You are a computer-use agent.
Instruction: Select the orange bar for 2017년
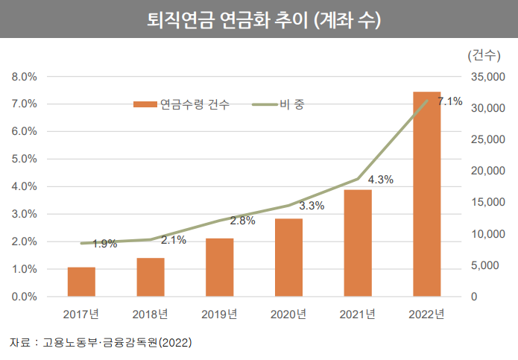[81, 282]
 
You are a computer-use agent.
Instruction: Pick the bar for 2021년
[358, 243]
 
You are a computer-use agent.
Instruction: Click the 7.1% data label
[450, 102]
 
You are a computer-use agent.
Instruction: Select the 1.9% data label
[105, 244]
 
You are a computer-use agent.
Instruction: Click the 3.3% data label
[312, 206]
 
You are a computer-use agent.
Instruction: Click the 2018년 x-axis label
[150, 314]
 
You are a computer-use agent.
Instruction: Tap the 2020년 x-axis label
[288, 314]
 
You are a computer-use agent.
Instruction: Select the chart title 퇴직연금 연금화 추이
[259, 20]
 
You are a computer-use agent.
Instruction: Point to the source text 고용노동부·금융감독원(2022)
[117, 343]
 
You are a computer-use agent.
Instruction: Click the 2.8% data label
[243, 221]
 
